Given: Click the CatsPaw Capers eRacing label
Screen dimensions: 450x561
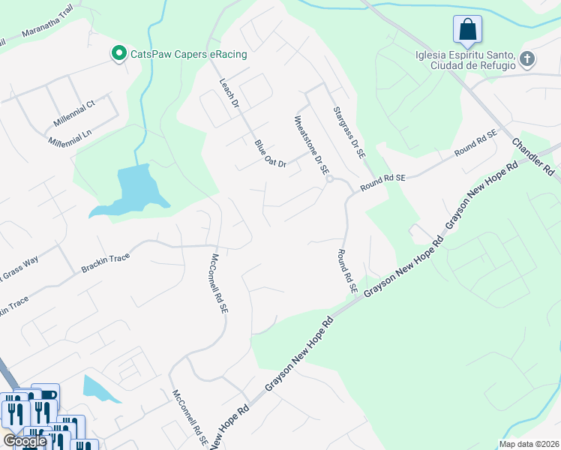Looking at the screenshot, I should click(x=189, y=54).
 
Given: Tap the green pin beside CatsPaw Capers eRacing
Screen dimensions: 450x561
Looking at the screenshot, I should click(x=118, y=53).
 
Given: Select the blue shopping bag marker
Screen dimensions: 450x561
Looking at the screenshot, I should click(x=467, y=30).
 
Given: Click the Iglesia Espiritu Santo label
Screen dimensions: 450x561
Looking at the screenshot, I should click(x=465, y=59).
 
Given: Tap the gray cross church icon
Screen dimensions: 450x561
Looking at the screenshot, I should click(x=527, y=58).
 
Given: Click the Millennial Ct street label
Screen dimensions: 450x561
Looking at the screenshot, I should click(x=74, y=113).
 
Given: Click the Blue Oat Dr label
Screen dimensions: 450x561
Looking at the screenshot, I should click(x=270, y=154).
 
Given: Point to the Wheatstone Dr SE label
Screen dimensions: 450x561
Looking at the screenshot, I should click(x=312, y=145).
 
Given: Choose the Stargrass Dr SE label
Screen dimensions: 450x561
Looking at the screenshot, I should click(x=349, y=132).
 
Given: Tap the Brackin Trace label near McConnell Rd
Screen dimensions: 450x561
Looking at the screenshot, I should click(x=105, y=263).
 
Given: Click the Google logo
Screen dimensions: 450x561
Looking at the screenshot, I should click(x=25, y=441).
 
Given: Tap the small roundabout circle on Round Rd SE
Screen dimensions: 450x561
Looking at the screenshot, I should click(x=329, y=179).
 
